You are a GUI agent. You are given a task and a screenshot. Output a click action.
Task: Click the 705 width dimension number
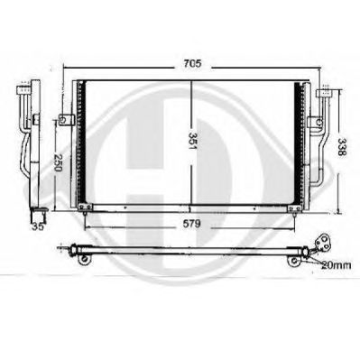tap(192, 64)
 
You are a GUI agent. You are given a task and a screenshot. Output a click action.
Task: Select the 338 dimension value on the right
tap(342, 147)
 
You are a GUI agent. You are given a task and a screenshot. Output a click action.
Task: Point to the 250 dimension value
tap(58, 162)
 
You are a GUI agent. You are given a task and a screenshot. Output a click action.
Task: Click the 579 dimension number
tap(191, 224)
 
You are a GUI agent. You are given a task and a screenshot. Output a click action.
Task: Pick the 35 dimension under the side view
tap(38, 226)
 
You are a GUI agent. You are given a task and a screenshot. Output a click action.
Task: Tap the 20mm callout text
tap(336, 265)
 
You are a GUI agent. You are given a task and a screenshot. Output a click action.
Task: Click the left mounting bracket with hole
tap(67, 120)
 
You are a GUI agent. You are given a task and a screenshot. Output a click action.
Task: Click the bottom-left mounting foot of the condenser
tap(85, 208)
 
